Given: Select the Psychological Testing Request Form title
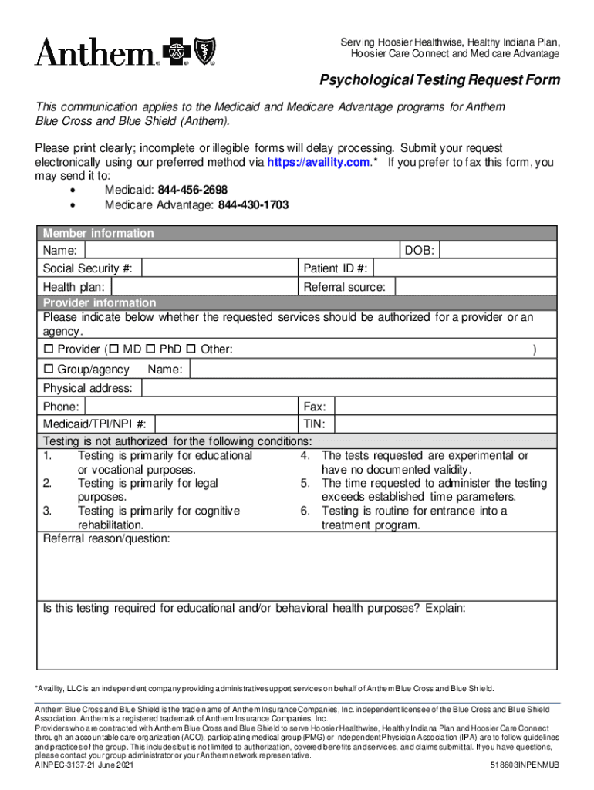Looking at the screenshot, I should [x=440, y=80].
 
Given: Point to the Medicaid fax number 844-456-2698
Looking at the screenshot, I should [x=192, y=190].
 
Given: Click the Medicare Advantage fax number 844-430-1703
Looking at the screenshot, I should [x=254, y=204].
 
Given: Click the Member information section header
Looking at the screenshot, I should [x=98, y=233].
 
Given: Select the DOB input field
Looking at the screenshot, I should [x=498, y=251].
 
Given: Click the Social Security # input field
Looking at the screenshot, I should [x=220, y=268].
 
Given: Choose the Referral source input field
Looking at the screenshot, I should [x=475, y=287].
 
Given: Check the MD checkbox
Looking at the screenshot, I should [x=115, y=350].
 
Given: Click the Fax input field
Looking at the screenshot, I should [x=444, y=407].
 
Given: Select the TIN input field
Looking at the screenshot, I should [x=444, y=424].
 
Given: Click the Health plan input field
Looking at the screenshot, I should [x=204, y=287].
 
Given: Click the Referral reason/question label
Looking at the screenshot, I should [x=106, y=538].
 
